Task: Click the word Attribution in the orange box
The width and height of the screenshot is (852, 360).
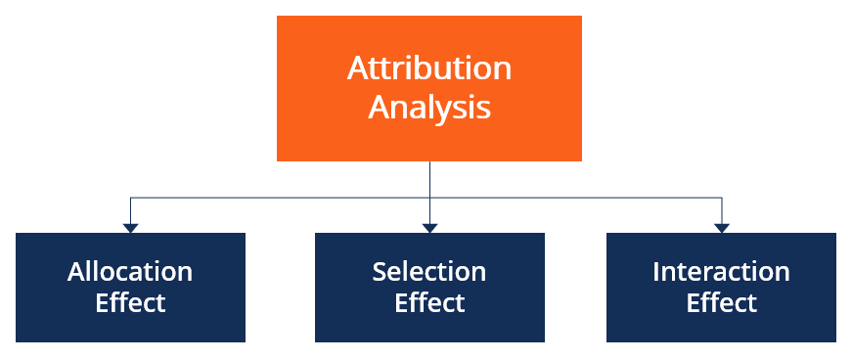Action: [429, 68]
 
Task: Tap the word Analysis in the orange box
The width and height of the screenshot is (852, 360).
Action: [429, 106]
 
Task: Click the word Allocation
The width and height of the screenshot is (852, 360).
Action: [130, 271]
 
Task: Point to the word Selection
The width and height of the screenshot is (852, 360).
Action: [429, 271]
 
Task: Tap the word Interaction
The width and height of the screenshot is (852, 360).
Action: [721, 271]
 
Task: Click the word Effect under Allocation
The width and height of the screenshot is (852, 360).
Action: [130, 302]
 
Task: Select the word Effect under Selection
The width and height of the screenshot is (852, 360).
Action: [429, 302]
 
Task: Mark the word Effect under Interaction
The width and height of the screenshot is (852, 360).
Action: [721, 302]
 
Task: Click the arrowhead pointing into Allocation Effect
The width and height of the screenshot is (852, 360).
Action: [130, 228]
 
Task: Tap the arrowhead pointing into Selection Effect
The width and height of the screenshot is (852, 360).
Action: [429, 228]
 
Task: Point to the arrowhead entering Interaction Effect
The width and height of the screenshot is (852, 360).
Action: [722, 228]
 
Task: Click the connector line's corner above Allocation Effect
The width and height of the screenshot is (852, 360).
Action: [130, 199]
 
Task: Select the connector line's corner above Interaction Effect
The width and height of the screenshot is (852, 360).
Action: [722, 199]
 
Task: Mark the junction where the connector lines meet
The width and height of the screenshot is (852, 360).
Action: [429, 199]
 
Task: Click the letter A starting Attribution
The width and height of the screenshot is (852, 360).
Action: [358, 68]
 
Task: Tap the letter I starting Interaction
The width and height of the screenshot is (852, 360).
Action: [656, 271]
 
